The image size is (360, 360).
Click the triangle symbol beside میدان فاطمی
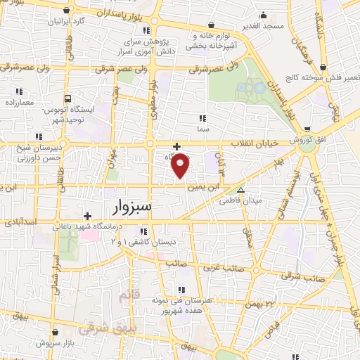[x=240, y=189]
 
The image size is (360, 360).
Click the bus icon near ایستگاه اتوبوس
[x=69, y=98]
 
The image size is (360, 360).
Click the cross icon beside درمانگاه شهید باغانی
[x=87, y=216]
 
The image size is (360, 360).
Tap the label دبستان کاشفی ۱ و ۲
[x=139, y=242]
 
